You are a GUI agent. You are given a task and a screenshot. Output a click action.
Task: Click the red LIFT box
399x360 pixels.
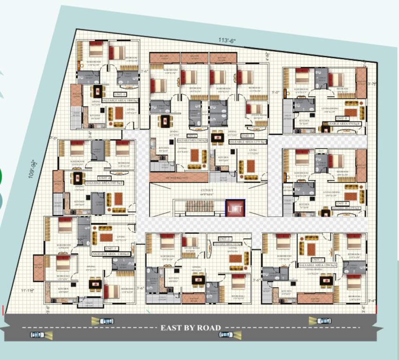(235, 209)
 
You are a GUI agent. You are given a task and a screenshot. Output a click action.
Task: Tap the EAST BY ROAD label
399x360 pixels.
(190, 328)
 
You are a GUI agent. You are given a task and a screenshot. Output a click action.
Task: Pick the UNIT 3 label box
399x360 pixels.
(112, 248)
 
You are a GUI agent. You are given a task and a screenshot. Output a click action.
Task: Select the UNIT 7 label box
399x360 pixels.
(248, 135)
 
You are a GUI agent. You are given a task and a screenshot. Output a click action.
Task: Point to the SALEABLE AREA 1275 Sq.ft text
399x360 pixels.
(248, 141)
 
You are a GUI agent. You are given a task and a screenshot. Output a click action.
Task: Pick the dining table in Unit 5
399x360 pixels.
(98, 91)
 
